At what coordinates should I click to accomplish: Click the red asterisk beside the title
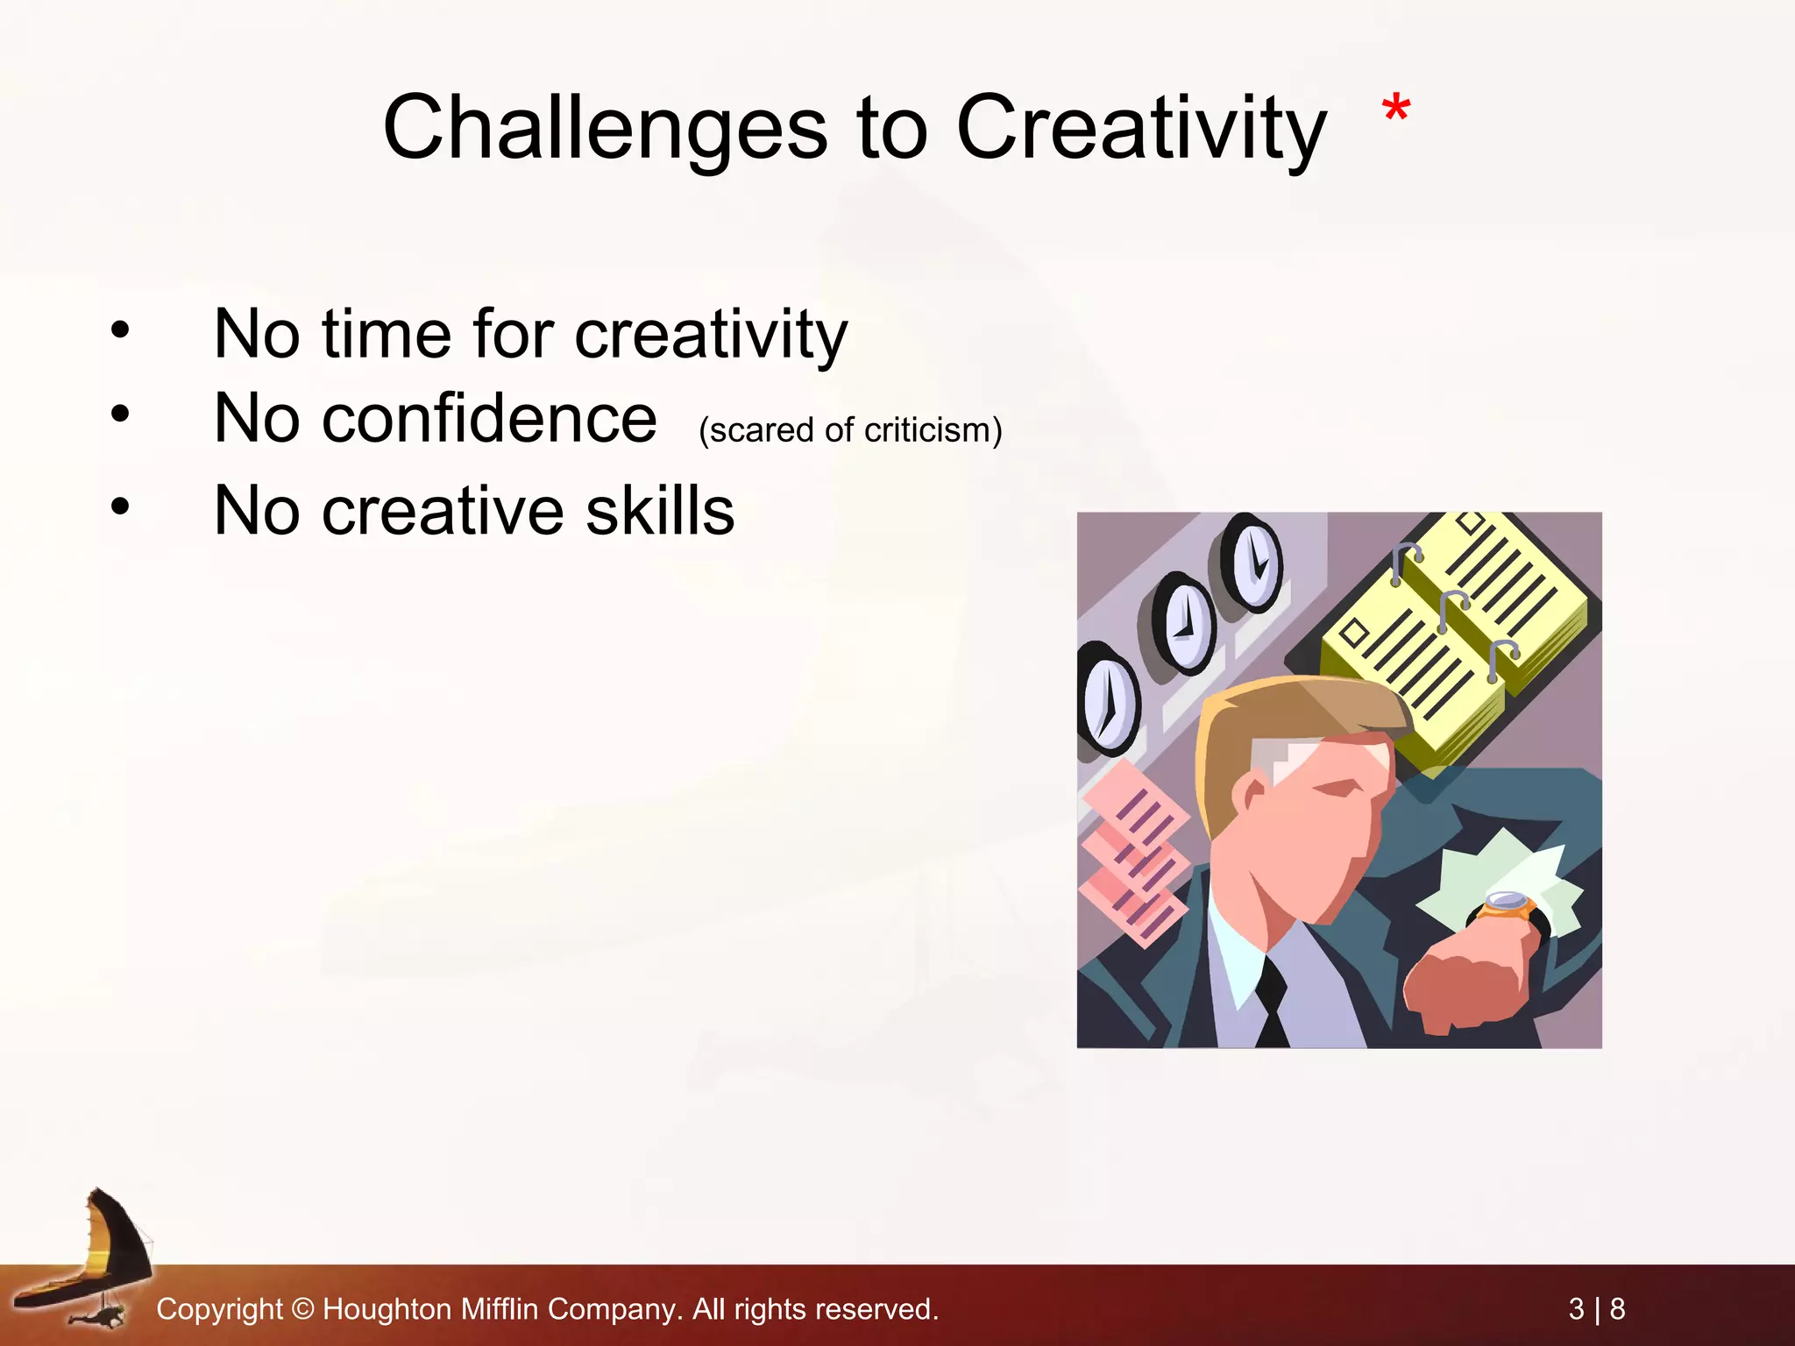(1395, 111)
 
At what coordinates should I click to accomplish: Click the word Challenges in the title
(604, 128)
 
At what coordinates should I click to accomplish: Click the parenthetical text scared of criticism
(849, 430)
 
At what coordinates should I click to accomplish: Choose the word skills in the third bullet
(659, 510)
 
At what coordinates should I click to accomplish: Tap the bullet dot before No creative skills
(120, 506)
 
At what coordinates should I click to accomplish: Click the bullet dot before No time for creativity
(120, 329)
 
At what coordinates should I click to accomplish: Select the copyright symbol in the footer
(302, 1309)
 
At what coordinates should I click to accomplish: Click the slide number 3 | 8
(1596, 1309)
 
